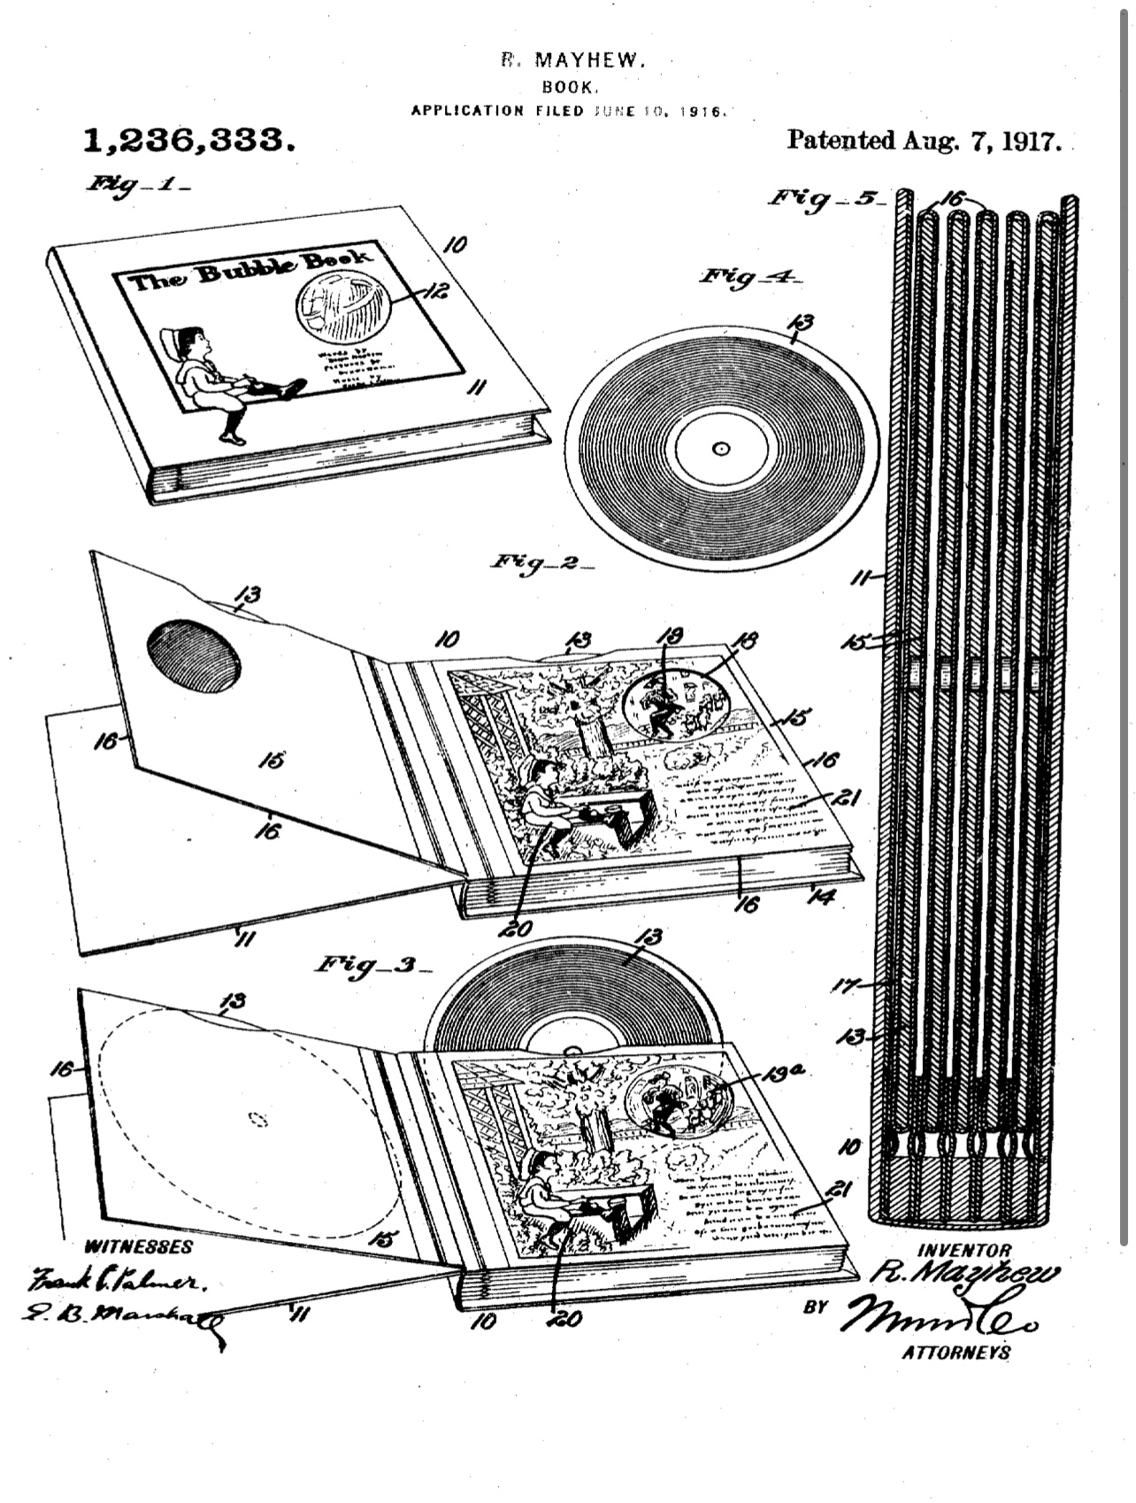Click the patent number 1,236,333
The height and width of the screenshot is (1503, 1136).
188,140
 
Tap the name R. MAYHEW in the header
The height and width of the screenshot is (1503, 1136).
572,60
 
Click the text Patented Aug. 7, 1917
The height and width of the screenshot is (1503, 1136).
924,142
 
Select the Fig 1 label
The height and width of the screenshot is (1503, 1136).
136,185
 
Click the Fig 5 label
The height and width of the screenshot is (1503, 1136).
825,198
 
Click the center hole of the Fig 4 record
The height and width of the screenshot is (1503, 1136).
720,448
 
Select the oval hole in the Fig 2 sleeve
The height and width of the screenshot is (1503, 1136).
194,655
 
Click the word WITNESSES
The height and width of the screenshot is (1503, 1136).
137,1247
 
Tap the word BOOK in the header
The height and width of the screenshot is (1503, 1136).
571,87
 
